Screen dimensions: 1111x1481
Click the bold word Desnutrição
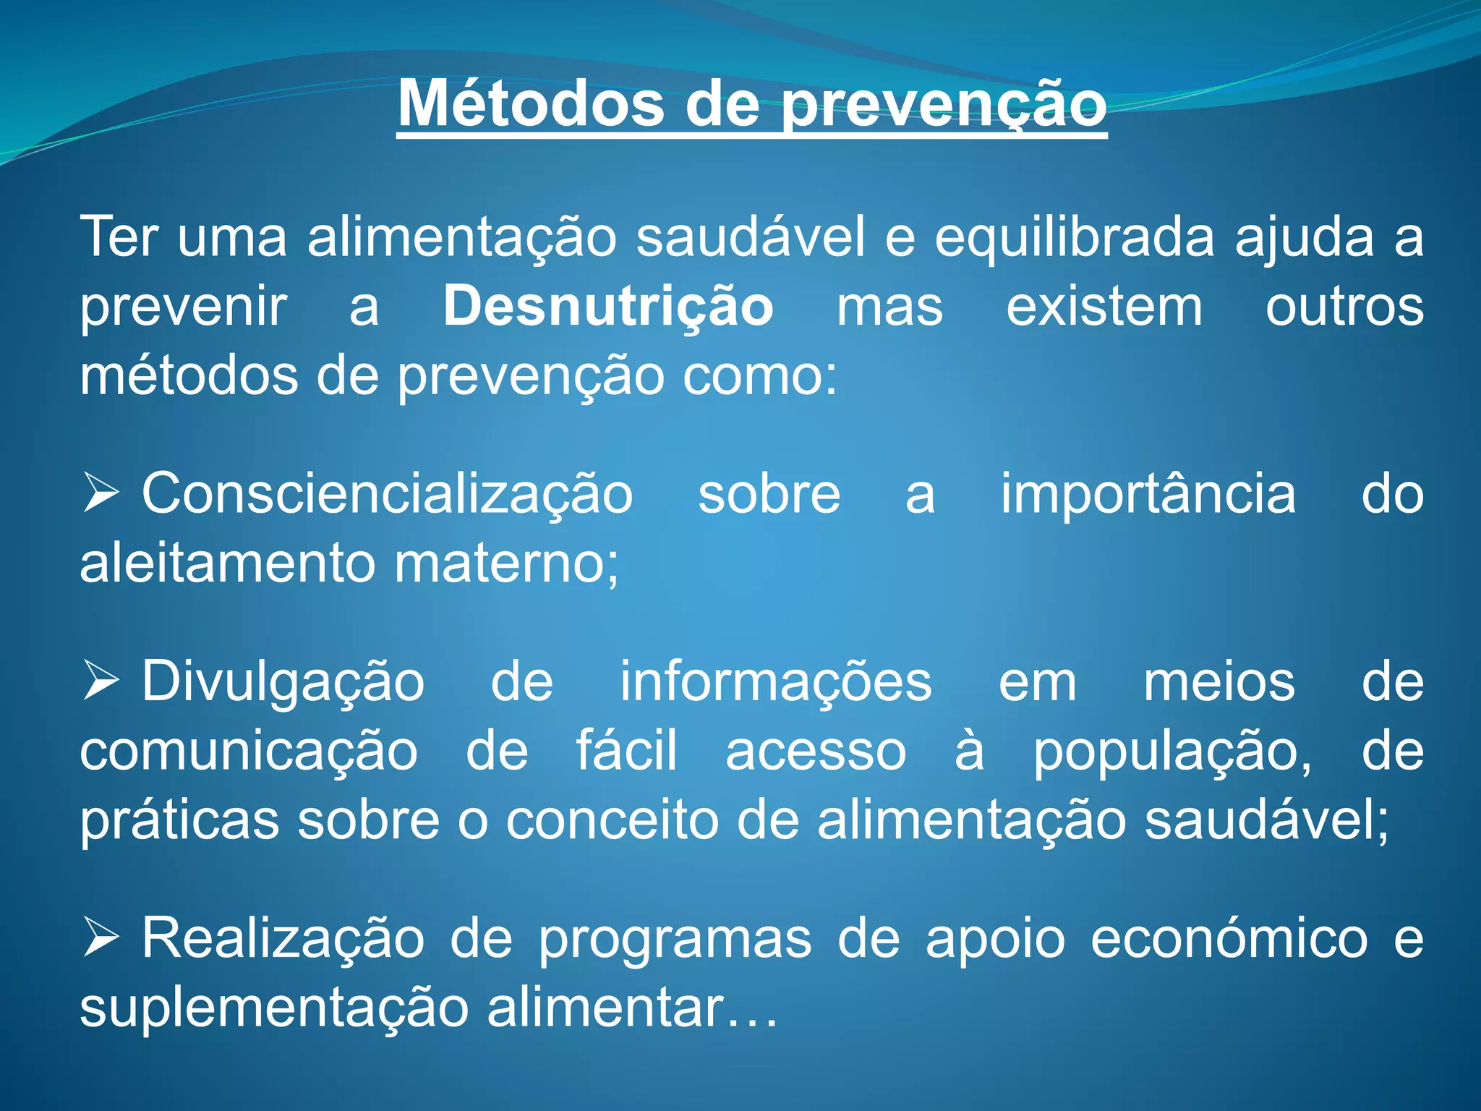pos(608,307)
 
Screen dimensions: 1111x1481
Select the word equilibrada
pos(1075,237)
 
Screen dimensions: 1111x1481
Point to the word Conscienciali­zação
pos(387,495)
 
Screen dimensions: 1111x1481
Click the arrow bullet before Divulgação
pos(101,681)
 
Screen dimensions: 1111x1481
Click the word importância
pos(1148,495)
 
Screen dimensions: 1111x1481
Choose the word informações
pos(776,682)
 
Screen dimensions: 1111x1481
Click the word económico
pos(1229,939)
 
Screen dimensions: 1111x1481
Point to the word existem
pos(1104,307)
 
